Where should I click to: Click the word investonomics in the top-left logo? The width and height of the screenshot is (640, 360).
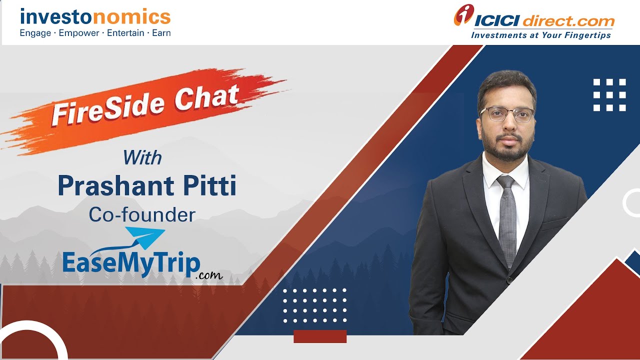pos(95,17)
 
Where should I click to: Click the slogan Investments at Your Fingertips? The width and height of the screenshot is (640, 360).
pos(540,35)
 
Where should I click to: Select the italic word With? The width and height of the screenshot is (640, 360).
pos(142,158)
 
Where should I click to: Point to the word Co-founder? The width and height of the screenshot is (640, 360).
pos(142,214)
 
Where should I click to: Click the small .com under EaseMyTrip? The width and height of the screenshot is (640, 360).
pos(209,275)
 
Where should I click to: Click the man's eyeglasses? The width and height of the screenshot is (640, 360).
pos(506,114)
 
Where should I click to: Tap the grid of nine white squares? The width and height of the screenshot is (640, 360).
pos(609,95)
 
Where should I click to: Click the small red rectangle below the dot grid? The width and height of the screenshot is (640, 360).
pos(320,336)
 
